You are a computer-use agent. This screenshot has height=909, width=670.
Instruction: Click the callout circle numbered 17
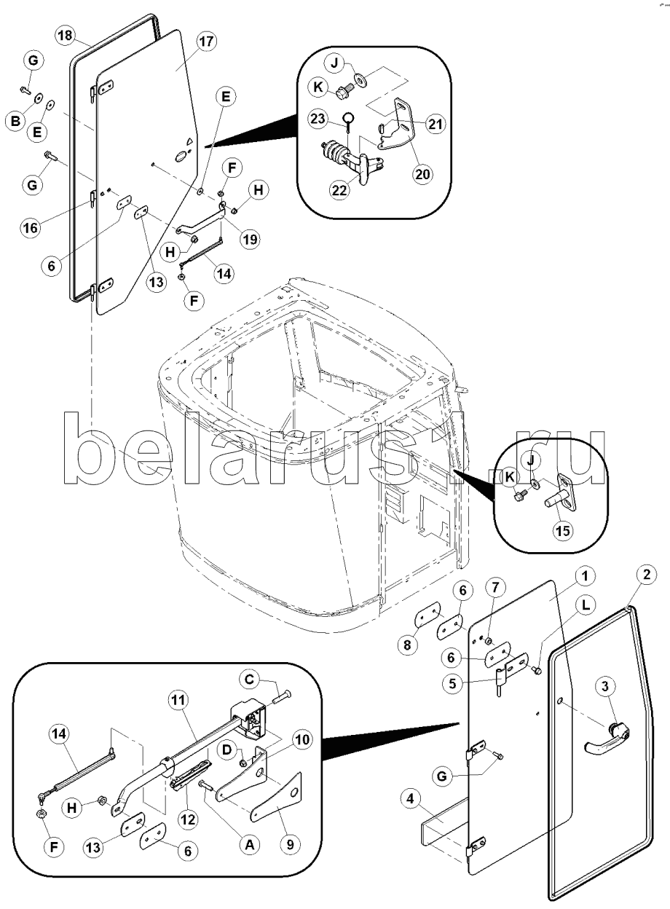click(206, 42)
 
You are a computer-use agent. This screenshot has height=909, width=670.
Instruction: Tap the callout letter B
click(14, 122)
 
